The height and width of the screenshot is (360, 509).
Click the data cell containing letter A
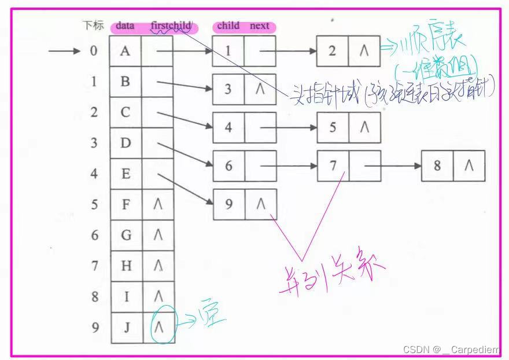tap(126, 51)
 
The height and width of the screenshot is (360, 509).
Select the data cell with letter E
tap(126, 174)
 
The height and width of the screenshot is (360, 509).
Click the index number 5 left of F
tap(94, 204)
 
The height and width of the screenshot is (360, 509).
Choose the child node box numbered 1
tap(228, 51)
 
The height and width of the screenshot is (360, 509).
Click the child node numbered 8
tap(437, 166)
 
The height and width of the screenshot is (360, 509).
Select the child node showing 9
tap(228, 204)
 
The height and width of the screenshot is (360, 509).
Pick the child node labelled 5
tap(333, 127)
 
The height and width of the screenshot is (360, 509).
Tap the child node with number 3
tap(228, 89)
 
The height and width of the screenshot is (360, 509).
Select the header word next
tap(259, 26)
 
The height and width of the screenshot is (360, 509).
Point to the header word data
tap(125, 26)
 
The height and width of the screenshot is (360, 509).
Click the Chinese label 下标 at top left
tap(93, 25)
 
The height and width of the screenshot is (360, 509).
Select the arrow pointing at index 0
tap(64, 51)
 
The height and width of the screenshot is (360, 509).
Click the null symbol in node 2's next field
tap(364, 51)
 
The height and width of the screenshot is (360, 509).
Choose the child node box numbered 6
tap(228, 166)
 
